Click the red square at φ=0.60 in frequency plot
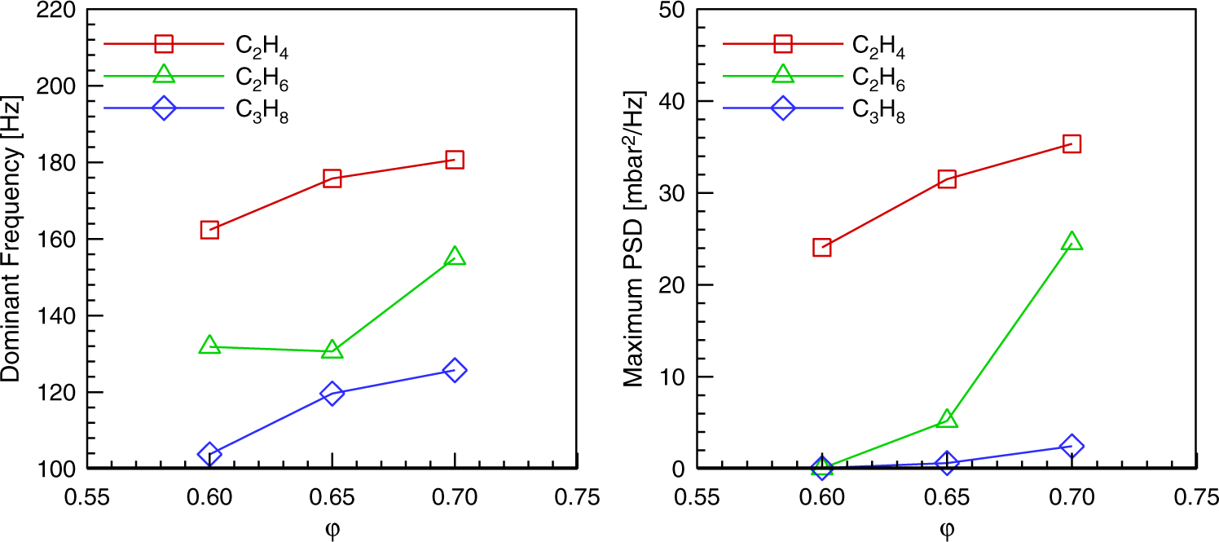click(x=209, y=230)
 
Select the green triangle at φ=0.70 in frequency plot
click(x=455, y=257)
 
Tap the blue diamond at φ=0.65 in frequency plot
click(x=332, y=394)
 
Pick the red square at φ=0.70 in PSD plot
click(x=1072, y=144)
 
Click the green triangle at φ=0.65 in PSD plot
click(x=947, y=420)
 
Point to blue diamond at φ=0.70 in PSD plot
click(x=1072, y=446)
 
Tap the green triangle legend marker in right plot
click(x=782, y=74)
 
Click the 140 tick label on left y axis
click(x=53, y=315)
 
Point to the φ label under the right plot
click(x=946, y=530)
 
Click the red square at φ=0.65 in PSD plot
click(x=947, y=179)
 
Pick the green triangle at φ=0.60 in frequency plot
click(x=209, y=346)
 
